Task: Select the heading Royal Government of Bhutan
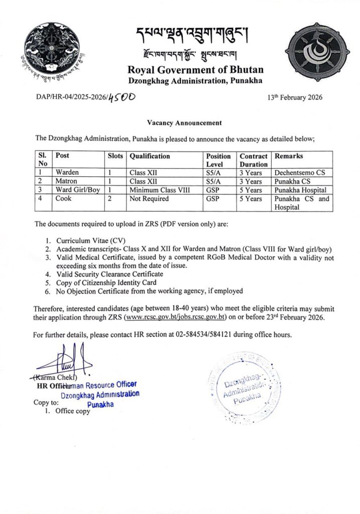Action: click(x=195, y=70)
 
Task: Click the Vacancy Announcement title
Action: click(x=184, y=122)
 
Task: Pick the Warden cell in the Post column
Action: click(x=67, y=172)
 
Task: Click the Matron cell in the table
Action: click(x=67, y=181)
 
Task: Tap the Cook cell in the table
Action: click(x=64, y=199)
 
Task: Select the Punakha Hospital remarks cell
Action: click(x=300, y=190)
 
